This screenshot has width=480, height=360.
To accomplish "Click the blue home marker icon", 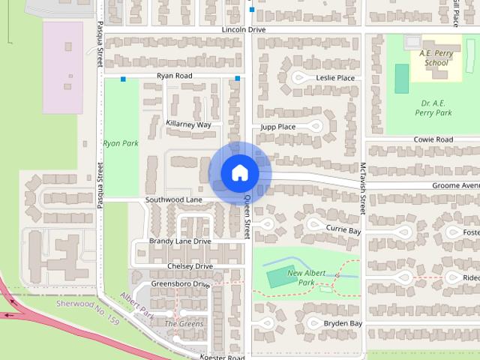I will point(239,173).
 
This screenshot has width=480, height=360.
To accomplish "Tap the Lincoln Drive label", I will point(244,29).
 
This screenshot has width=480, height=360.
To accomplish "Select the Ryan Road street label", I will point(174,76).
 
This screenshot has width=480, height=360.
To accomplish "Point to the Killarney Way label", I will point(188,124).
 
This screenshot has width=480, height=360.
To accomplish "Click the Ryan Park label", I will point(121,142).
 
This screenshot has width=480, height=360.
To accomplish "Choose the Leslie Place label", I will point(335,78).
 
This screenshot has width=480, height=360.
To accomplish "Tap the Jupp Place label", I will point(277,127).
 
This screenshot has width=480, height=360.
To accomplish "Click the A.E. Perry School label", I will point(434,58).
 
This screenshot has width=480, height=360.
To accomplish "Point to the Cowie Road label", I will point(433,140).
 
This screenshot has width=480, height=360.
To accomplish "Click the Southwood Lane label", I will point(174,200).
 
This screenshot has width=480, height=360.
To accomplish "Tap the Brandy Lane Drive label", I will point(180,241).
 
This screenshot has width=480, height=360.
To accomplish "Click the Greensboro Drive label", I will point(181,284).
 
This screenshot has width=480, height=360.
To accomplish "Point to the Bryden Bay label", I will point(343,323).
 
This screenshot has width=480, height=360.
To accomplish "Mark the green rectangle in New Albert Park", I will point(276,277).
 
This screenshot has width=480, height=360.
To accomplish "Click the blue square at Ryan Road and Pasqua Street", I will point(123,78).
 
